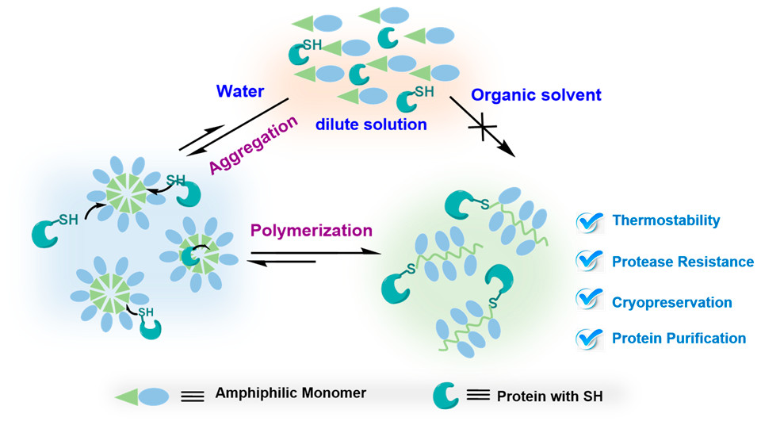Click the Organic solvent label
pyautogui.click(x=537, y=95)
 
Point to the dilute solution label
pyautogui.click(x=371, y=124)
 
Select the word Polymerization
pyautogui.click(x=312, y=231)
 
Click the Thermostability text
pyautogui.click(x=666, y=221)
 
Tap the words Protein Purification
pyautogui.click(x=679, y=339)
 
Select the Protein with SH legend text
pyautogui.click(x=549, y=396)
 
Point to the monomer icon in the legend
pyautogui.click(x=142, y=394)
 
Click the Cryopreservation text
pyautogui.click(x=671, y=302)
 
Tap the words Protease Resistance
pyautogui.click(x=683, y=261)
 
